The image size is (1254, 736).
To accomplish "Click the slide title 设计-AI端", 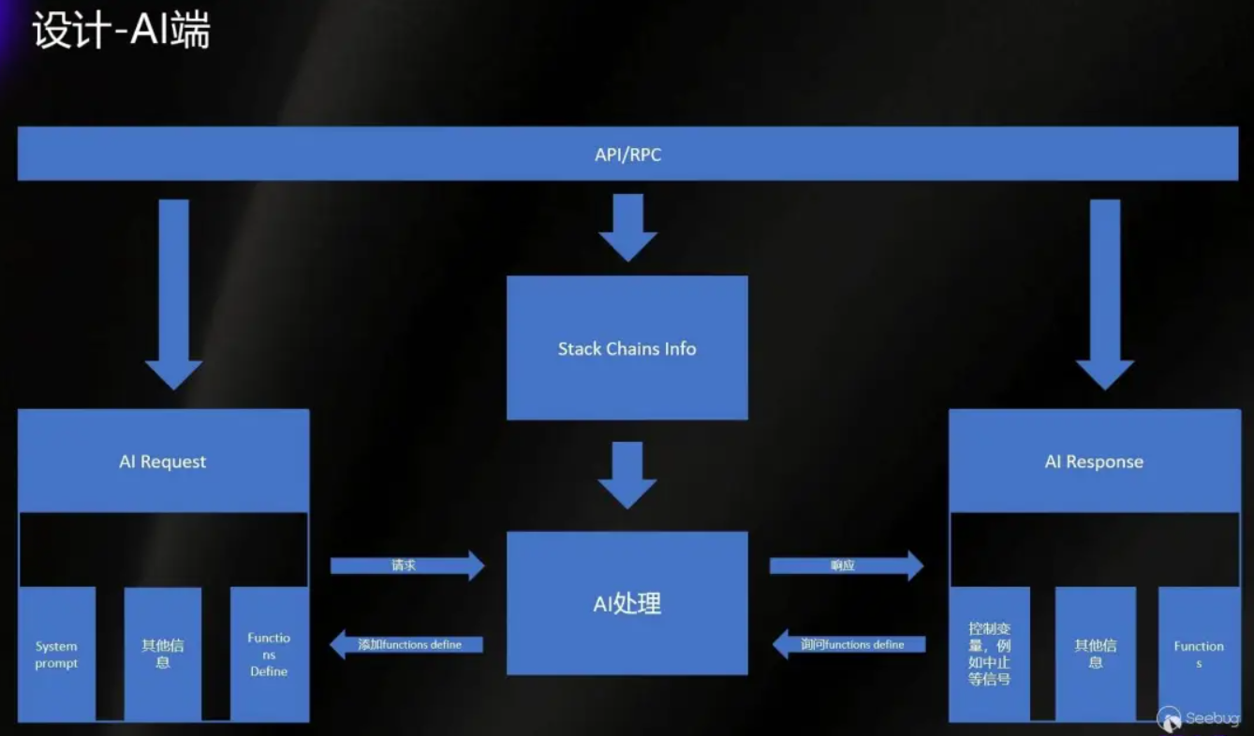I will [121, 31].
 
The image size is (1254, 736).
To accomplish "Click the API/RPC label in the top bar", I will [627, 155].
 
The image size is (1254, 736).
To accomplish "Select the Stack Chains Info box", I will [627, 348].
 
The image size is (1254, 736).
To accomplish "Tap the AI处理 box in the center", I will [627, 603].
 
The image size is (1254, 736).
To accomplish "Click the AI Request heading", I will [163, 462].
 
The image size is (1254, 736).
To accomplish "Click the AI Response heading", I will [1094, 462].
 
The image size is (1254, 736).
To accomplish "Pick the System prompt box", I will [56, 655].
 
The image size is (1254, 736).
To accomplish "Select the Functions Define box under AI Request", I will [269, 655].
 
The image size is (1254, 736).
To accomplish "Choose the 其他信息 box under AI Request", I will [163, 654].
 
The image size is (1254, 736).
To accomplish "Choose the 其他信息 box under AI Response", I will [1095, 654].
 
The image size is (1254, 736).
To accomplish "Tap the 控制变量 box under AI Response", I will [990, 654].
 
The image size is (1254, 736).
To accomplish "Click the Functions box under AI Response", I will [1199, 654].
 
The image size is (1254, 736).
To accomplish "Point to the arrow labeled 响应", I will [846, 566].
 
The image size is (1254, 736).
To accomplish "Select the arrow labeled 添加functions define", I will [407, 644].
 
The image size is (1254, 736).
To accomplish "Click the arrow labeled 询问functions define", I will [849, 644].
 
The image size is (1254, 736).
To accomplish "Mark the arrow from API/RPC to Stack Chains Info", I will [627, 227].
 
